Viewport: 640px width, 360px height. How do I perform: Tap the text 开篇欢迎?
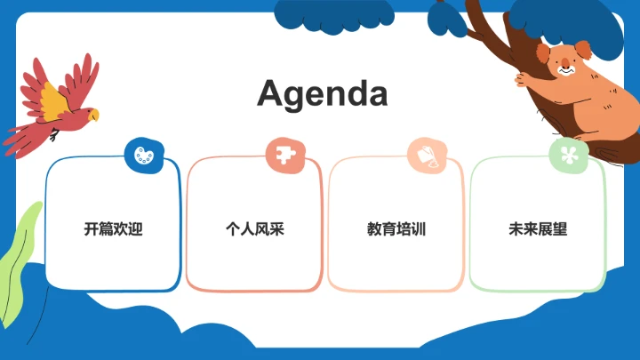point(113,229)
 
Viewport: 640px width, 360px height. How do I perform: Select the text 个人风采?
point(254,229)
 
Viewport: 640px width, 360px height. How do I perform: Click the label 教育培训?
point(396,229)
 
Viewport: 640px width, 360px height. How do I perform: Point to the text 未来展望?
point(538,229)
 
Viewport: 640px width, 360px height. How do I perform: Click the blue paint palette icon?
point(141,155)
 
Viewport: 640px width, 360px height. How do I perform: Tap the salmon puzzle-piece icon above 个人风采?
point(284,155)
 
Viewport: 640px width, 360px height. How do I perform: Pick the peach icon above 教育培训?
point(425,155)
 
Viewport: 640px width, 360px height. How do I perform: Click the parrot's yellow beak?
point(93,115)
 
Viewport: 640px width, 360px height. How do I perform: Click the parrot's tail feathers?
point(22,138)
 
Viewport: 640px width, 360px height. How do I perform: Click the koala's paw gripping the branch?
point(523,79)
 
